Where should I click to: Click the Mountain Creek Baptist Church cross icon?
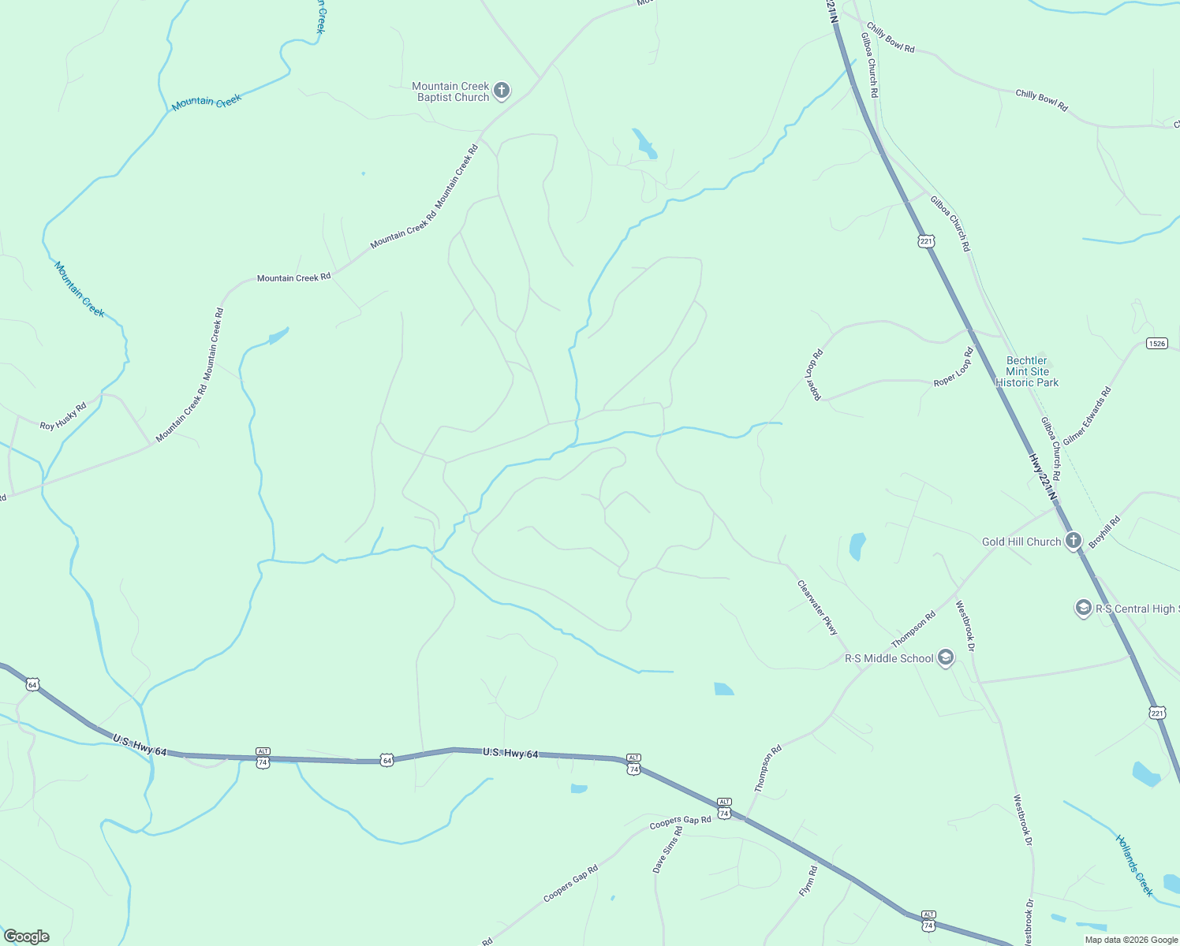(502, 91)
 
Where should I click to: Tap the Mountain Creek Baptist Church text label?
(451, 92)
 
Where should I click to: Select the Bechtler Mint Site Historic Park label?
(1027, 371)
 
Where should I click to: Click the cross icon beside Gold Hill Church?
(1073, 541)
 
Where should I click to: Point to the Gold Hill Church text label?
(1021, 542)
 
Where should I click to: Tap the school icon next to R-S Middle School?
(945, 658)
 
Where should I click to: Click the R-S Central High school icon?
(1083, 608)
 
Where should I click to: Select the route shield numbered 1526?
(1156, 343)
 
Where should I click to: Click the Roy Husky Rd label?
(63, 415)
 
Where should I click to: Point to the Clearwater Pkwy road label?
(817, 608)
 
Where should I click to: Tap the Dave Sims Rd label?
(667, 849)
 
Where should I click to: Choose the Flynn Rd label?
(808, 881)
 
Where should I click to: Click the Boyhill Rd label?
(1104, 532)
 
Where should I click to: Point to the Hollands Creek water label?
(1134, 866)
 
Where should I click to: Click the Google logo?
(27, 937)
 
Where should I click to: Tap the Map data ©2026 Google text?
(1131, 940)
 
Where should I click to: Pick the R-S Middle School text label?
(889, 658)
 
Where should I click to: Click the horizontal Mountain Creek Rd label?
(293, 277)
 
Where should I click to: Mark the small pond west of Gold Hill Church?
(857, 546)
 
